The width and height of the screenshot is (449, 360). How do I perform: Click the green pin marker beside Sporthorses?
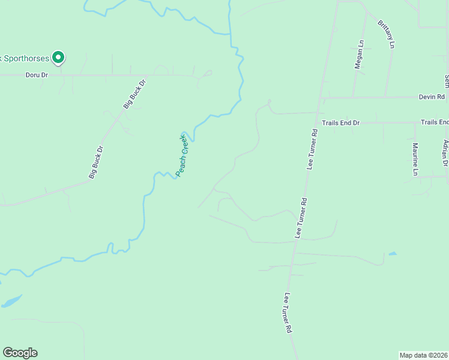click(x=58, y=58)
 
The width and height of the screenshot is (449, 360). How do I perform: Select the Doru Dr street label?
click(x=36, y=75)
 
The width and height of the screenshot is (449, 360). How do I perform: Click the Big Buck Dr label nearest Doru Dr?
click(x=134, y=94)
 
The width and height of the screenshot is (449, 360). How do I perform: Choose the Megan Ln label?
click(x=360, y=55)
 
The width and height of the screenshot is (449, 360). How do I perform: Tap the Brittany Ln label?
click(x=387, y=34)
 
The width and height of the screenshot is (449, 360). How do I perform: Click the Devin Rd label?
click(x=432, y=97)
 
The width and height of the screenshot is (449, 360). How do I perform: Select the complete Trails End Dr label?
click(x=340, y=122)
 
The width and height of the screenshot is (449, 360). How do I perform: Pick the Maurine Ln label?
click(x=415, y=158)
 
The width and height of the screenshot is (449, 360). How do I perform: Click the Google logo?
click(x=20, y=353)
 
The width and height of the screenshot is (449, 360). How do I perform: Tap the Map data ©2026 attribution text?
click(x=423, y=355)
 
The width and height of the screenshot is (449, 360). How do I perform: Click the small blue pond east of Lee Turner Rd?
click(x=392, y=254)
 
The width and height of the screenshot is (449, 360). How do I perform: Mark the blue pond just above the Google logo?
click(x=12, y=301)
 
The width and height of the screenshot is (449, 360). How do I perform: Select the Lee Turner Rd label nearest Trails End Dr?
click(x=312, y=148)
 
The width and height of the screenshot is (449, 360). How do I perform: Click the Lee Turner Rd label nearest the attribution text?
click(x=288, y=313)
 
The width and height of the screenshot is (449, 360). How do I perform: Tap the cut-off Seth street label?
click(x=446, y=80)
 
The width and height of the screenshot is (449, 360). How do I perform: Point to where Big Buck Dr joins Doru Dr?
click(x=145, y=75)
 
